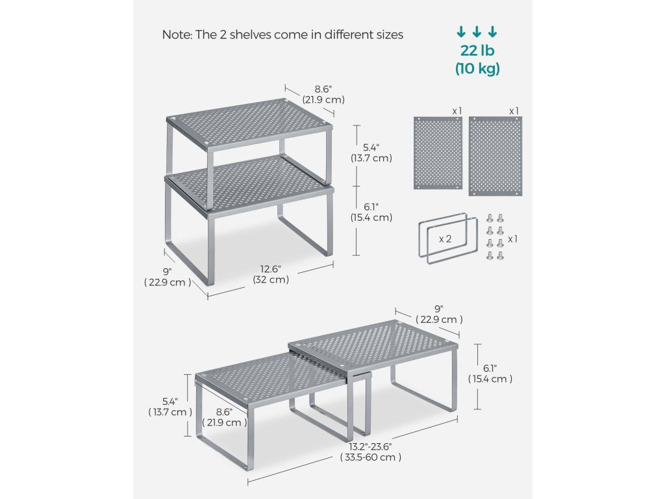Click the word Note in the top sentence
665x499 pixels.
(175, 34)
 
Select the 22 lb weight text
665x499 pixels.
(477, 51)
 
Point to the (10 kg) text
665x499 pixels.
(477, 68)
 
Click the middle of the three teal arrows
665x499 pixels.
(477, 31)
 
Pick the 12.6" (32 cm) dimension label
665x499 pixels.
(271, 274)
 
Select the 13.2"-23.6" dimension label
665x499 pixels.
(370, 452)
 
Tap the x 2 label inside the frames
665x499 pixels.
(445, 239)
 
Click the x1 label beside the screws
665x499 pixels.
(513, 239)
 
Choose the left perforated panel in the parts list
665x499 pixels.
(438, 153)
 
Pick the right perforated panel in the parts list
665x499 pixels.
(496, 156)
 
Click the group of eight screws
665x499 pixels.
(494, 237)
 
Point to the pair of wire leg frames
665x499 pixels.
(443, 239)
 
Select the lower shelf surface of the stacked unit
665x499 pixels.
(250, 186)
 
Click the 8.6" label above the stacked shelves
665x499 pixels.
(323, 95)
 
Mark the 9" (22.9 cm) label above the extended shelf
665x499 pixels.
(439, 314)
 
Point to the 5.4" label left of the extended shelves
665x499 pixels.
(170, 407)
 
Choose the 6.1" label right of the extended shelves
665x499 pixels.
(490, 374)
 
